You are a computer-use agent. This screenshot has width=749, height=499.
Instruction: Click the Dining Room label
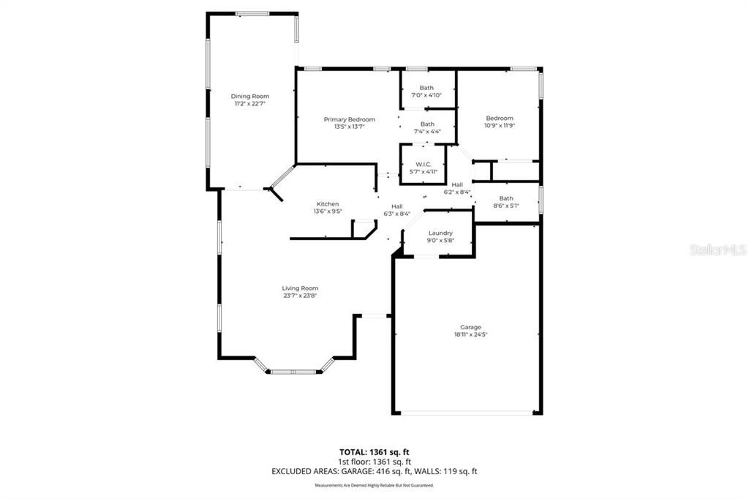point(250,97)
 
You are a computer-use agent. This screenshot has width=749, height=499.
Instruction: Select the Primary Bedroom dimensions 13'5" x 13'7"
point(349,127)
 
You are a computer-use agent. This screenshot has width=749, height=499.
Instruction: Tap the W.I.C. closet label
point(424,164)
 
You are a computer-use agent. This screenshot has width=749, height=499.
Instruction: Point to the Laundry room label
point(440,233)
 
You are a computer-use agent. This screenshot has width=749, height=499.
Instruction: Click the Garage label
point(470,327)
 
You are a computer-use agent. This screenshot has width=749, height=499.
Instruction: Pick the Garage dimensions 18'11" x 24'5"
point(470,334)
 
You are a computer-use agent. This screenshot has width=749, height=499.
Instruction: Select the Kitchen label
point(328,204)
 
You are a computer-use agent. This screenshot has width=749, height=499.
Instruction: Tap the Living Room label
point(300,288)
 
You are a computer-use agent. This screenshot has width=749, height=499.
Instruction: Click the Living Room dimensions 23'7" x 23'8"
point(300,296)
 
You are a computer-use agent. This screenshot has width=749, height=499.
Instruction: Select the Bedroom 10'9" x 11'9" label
point(500,118)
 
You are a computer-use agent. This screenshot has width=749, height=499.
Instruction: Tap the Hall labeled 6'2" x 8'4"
point(457,188)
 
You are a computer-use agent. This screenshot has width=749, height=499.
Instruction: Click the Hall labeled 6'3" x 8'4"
point(397,210)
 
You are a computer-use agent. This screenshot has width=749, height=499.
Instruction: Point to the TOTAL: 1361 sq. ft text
point(374,451)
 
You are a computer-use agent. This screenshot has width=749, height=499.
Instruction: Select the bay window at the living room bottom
point(293,372)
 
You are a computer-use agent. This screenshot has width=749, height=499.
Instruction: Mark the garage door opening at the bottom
point(468,413)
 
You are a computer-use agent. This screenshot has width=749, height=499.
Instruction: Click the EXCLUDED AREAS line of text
point(374,472)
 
